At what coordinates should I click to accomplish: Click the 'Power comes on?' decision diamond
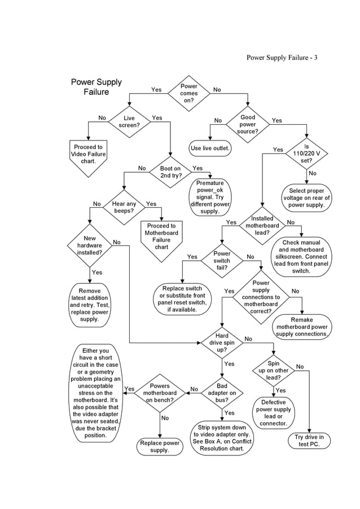pos(189,93)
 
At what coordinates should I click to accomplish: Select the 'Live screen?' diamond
pos(129,122)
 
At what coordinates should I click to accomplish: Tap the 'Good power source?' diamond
pos(248,124)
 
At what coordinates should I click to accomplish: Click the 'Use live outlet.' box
pos(210,148)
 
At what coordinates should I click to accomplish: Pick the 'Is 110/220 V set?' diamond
pos(307,153)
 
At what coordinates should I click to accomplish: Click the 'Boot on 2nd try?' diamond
pos(170,172)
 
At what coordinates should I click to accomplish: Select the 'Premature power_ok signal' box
pos(210,197)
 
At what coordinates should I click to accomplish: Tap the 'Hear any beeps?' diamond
pos(124,208)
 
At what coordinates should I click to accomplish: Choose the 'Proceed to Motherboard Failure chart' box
pos(161,237)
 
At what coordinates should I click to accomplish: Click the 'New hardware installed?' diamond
pos(90,245)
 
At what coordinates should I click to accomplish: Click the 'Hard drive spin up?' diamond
pos(222,342)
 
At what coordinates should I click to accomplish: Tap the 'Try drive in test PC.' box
pos(309,441)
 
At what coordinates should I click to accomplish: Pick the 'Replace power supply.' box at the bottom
pos(160,447)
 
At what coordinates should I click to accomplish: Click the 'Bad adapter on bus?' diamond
pos(222,393)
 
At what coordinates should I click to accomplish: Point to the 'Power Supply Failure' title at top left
pos(96,87)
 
